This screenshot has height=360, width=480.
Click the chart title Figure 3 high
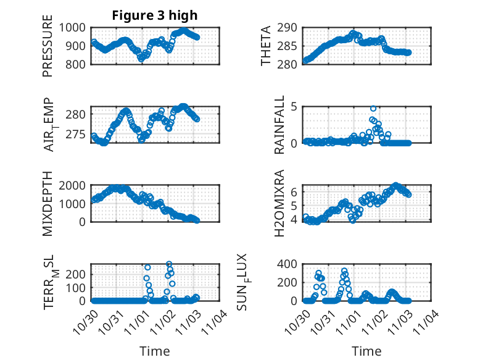point(155,15)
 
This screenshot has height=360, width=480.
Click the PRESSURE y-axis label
point(48,50)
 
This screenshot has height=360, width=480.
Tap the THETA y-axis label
point(266,46)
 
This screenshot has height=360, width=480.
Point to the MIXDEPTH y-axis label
point(48,203)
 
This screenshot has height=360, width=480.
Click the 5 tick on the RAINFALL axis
point(295,106)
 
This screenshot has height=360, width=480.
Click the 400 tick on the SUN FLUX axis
point(290,264)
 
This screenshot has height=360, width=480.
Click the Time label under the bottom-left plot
point(155,351)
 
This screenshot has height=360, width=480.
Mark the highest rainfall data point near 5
point(373,109)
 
